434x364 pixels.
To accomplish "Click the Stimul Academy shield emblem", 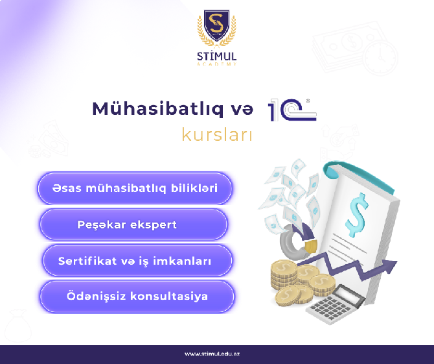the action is (x=217, y=28).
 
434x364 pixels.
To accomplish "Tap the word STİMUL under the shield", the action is (x=217, y=56).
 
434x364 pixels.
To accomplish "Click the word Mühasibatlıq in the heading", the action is (x=158, y=109).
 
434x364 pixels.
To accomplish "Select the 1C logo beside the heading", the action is (x=292, y=110).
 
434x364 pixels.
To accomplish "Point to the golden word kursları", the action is (x=217, y=135).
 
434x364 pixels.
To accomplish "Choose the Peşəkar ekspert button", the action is (x=133, y=224).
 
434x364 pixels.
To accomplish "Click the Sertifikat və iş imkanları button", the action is (x=137, y=261).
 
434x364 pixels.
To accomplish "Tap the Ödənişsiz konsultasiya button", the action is (x=137, y=297).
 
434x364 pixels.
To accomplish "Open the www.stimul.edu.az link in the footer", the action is (x=212, y=354).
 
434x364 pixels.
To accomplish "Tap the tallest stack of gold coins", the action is (x=284, y=274).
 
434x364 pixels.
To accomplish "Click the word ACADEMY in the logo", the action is (x=217, y=64).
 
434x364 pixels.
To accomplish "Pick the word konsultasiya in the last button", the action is (x=169, y=297).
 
